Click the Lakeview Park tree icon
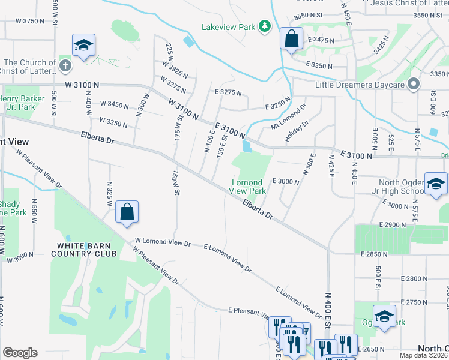click(x=264, y=26)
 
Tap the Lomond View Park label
click(x=247, y=187)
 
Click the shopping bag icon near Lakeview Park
click(x=291, y=39)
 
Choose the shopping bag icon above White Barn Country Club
click(x=127, y=212)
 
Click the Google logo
click(x=19, y=353)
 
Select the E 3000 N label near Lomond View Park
click(x=286, y=181)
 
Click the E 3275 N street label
click(x=228, y=93)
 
